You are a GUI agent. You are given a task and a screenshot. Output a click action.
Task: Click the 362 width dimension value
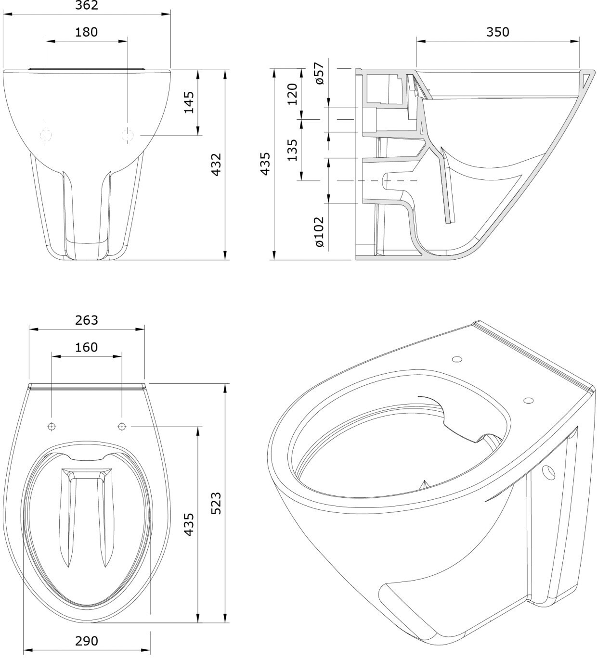(87, 5)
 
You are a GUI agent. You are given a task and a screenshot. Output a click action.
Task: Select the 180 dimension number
(87, 32)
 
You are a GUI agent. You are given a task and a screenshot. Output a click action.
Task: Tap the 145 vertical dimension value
(189, 102)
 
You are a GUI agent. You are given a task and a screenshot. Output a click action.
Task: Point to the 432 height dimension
(216, 164)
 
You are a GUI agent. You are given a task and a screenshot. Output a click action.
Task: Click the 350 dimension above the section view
(497, 32)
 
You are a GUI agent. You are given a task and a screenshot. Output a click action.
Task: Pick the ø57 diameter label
(319, 74)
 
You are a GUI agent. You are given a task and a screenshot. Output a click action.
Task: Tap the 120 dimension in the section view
(292, 94)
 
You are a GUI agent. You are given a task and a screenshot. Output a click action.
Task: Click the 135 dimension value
(292, 150)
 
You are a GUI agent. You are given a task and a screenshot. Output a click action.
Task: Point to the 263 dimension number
(87, 320)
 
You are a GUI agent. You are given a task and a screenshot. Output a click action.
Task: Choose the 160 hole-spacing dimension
(87, 347)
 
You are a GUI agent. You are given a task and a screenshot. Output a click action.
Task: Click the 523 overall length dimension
(216, 503)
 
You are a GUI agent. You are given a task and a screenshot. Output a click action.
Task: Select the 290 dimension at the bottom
(87, 641)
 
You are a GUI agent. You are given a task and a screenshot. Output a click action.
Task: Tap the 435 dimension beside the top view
(189, 524)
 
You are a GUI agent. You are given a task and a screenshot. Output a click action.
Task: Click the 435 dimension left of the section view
(265, 164)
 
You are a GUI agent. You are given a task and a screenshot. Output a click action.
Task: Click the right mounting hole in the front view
(128, 135)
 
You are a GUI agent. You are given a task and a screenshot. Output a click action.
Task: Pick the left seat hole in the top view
(52, 426)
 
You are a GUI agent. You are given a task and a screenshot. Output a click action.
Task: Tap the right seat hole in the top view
(122, 426)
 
